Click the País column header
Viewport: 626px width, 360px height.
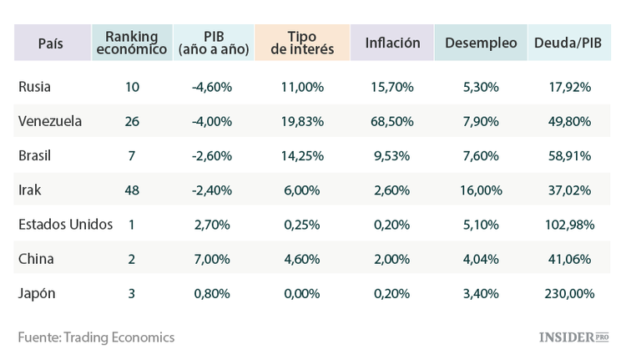click(50, 43)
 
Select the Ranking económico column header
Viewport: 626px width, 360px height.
click(131, 43)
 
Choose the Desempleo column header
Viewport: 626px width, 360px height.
click(481, 43)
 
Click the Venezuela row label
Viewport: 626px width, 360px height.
click(50, 121)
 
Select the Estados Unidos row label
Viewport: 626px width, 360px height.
click(65, 224)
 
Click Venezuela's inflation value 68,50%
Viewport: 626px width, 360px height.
click(392, 121)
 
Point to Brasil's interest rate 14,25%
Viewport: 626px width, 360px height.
click(303, 155)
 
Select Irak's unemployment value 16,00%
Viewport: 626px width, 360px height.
click(482, 190)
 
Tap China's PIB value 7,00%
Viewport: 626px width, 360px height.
click(211, 259)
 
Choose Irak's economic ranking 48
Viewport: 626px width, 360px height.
click(131, 190)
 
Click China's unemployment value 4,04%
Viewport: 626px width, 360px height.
click(482, 259)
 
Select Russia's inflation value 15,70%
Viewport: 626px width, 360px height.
click(392, 87)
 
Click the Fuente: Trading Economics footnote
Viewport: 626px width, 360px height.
click(96, 337)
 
